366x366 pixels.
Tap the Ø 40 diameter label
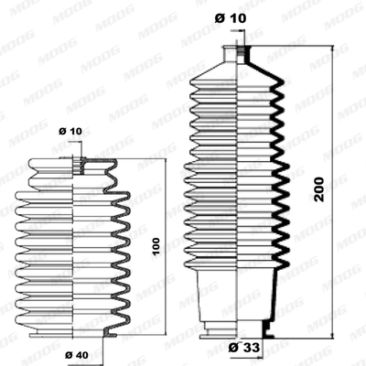pos(75,354)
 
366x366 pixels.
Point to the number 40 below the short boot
pos(81,354)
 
